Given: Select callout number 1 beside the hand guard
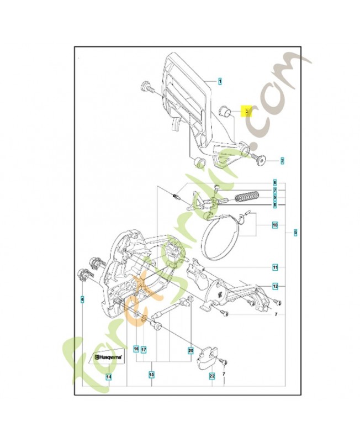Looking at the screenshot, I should (220, 81).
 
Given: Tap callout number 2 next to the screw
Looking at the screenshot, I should (282, 161).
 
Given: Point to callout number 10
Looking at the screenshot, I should (274, 225).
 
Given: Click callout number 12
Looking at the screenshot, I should (274, 286).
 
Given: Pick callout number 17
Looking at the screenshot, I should (143, 349).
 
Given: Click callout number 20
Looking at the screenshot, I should (190, 350).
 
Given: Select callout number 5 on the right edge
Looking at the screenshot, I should (295, 233).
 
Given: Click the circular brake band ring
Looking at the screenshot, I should (219, 239).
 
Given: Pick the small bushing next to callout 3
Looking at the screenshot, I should (226, 109).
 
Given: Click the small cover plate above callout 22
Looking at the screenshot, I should (207, 356).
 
